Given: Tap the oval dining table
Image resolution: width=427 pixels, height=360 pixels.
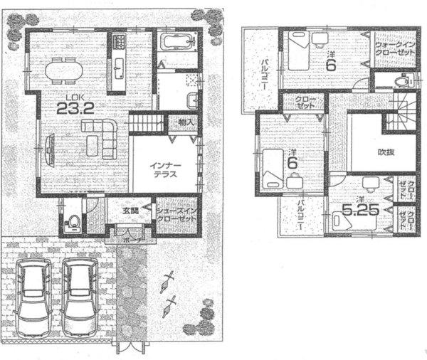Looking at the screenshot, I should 64,71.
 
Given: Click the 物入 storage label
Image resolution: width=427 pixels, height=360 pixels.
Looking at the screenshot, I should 186,122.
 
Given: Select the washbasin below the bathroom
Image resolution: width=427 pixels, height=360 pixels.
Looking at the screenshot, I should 191,99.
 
